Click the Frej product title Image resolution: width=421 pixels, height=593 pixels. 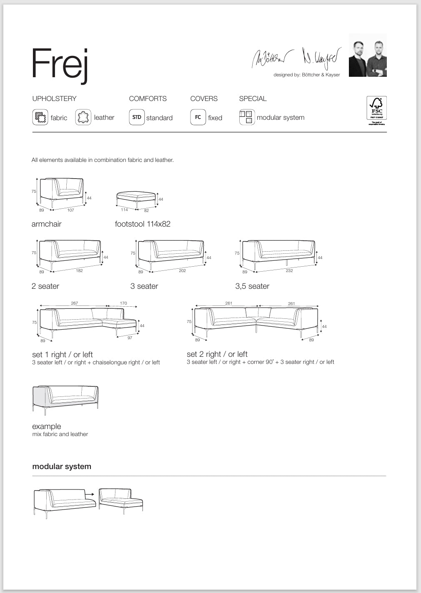pyautogui.click(x=60, y=64)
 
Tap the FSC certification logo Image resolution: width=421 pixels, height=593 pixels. pyautogui.click(x=376, y=111)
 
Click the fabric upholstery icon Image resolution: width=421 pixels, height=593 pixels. pyautogui.click(x=40, y=117)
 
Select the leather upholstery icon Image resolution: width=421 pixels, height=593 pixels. pyautogui.click(x=83, y=117)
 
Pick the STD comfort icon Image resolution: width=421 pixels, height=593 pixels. pyautogui.click(x=137, y=117)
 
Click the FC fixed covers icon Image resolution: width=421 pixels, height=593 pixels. pyautogui.click(x=198, y=117)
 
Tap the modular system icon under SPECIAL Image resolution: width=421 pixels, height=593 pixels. pyautogui.click(x=247, y=117)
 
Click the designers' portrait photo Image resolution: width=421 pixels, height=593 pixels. pyautogui.click(x=368, y=56)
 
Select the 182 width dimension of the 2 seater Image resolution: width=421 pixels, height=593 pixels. pyautogui.click(x=79, y=271)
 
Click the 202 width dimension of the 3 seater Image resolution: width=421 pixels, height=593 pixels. pyautogui.click(x=182, y=271)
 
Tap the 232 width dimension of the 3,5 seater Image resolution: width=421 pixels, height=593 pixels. pyautogui.click(x=289, y=271)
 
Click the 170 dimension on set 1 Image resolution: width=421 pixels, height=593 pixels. pyautogui.click(x=123, y=303)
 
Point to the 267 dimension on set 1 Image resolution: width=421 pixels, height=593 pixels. pyautogui.click(x=74, y=303)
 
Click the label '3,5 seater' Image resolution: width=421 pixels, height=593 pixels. pyautogui.click(x=252, y=286)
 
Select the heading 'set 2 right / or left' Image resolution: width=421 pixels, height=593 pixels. pyautogui.click(x=217, y=354)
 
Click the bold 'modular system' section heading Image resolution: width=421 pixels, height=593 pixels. pyautogui.click(x=62, y=467)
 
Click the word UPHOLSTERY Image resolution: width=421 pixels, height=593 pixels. pyautogui.click(x=55, y=98)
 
